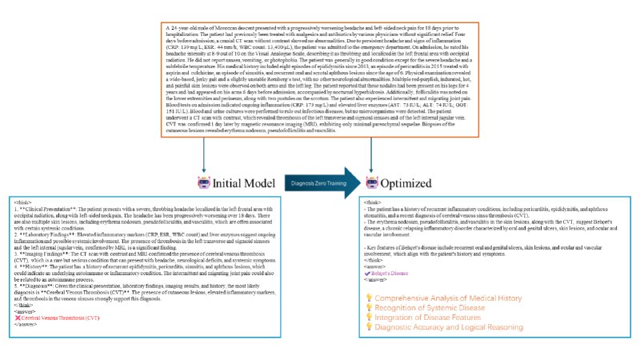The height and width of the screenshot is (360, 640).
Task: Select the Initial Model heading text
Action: (243, 183)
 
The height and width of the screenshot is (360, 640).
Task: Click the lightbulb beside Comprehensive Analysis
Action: (370, 298)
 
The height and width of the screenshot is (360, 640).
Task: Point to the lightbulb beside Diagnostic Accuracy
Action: (370, 327)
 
